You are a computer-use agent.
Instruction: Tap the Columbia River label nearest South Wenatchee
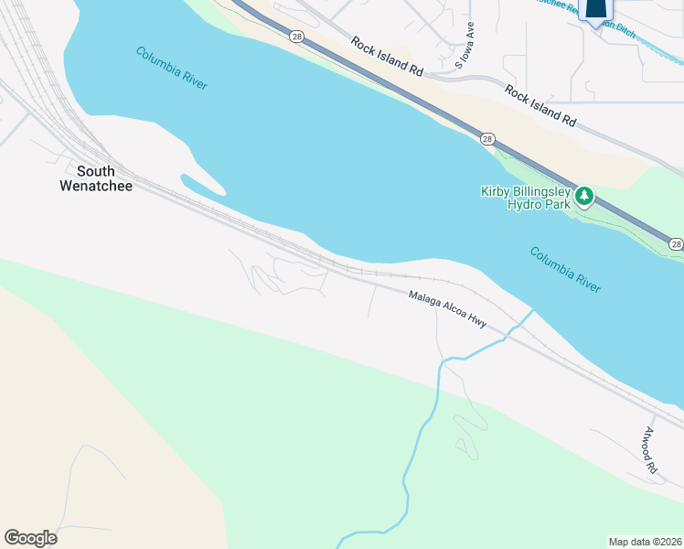tap(172, 68)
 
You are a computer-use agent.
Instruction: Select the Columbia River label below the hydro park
tap(565, 269)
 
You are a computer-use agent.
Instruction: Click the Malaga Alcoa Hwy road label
tap(447, 310)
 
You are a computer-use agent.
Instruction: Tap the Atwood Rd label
tap(650, 449)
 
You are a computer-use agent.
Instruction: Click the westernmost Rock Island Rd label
tap(389, 57)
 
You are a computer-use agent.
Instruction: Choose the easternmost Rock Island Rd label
tap(541, 105)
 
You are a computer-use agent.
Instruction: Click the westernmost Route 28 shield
tap(296, 36)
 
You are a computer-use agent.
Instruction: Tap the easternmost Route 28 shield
tap(675, 243)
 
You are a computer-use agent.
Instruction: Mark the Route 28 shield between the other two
tap(487, 139)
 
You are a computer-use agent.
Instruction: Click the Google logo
tap(30, 538)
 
